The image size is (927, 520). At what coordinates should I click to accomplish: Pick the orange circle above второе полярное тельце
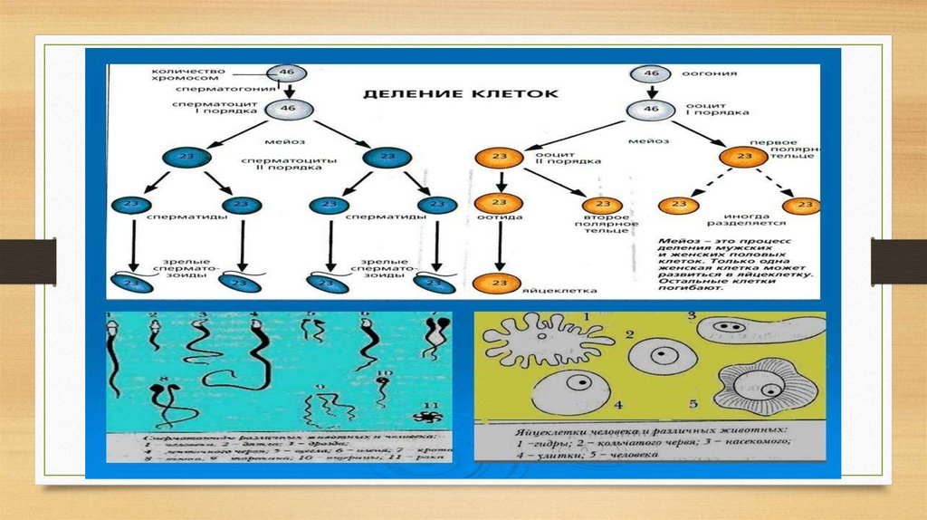tap(601, 206)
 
